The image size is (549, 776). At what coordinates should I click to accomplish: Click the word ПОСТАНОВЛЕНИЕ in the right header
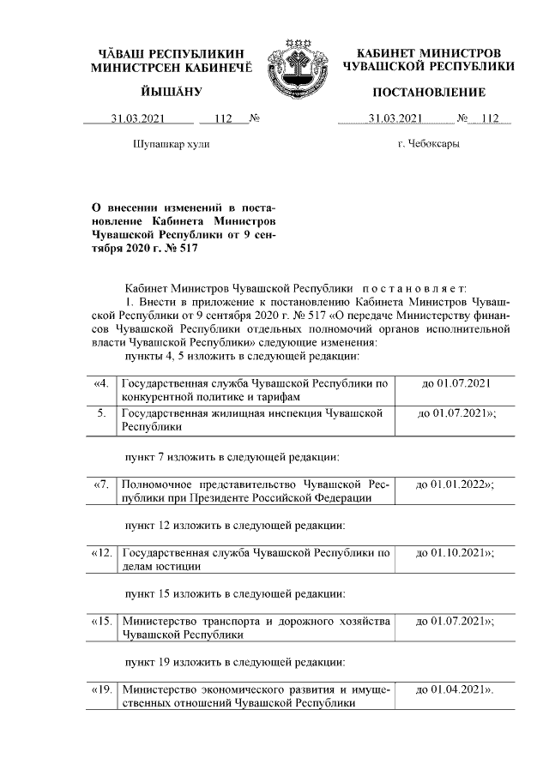[428, 92]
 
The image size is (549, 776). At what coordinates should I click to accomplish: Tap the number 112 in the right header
[490, 118]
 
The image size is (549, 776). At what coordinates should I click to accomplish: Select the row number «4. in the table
[101, 382]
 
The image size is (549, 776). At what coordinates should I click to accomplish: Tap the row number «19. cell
[101, 689]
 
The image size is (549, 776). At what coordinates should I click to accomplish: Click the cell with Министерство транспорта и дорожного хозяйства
[256, 628]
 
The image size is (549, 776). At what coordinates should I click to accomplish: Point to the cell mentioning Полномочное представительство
[256, 491]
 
